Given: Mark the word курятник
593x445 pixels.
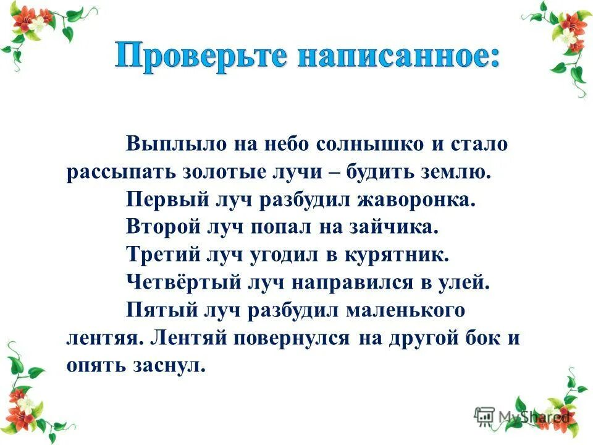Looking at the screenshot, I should click(403, 255).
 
